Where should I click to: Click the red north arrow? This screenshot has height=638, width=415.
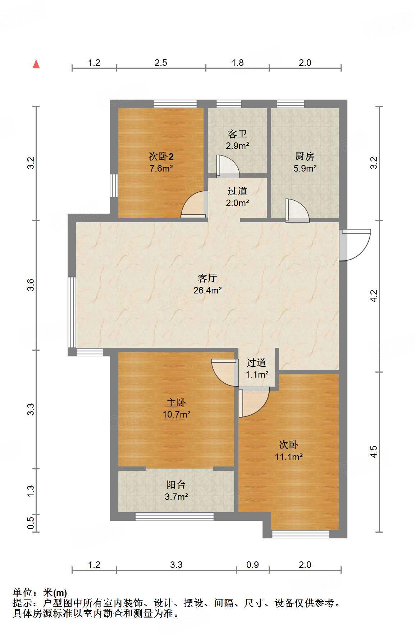point(36,64)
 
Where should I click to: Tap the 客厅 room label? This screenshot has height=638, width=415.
point(207,278)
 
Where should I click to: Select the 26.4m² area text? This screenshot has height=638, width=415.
point(207,290)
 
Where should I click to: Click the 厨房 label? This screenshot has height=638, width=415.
point(305,156)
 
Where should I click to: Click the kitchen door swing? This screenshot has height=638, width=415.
point(297,210)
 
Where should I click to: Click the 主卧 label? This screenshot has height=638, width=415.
point(176,402)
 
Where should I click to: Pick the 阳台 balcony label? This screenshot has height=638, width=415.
point(176,484)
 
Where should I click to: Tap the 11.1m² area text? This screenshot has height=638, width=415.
point(288,457)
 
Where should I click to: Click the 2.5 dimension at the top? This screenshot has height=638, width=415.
point(161,63)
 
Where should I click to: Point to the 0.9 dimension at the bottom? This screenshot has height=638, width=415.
point(252,565)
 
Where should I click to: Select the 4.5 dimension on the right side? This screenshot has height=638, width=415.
point(374,451)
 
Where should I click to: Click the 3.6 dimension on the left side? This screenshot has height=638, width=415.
point(31,285)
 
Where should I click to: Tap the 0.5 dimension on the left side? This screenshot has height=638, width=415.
point(31,523)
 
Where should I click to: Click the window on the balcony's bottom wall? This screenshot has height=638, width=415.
point(174,517)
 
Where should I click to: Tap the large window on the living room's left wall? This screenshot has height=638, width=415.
point(72,312)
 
